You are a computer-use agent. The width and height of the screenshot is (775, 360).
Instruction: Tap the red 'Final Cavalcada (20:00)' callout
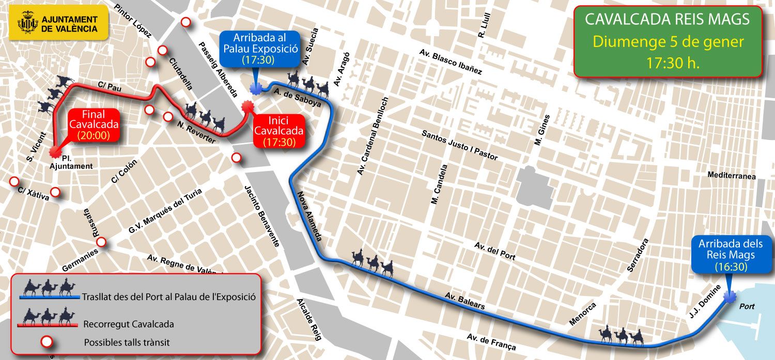tap(94, 124)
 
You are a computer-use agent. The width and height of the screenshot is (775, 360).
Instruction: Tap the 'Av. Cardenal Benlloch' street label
tap(372, 135)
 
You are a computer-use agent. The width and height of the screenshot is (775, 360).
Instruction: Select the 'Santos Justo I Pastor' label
tap(459, 145)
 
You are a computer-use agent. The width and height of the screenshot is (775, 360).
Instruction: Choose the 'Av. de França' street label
tap(491, 342)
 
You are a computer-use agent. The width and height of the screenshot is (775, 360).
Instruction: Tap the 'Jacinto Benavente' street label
tap(262, 214)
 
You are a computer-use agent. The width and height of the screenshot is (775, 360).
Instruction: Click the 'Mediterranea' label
tap(732, 176)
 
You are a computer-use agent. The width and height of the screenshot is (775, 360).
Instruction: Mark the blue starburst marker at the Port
tap(730, 298)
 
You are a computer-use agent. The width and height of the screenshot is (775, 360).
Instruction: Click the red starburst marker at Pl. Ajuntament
tap(53, 152)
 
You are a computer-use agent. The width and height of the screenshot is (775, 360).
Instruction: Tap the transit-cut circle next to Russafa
tap(101, 242)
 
